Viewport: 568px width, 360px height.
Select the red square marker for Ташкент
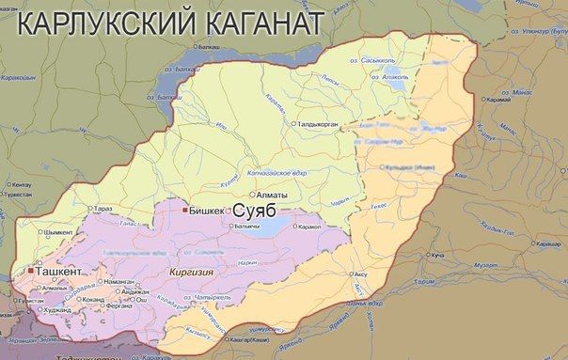pos(31,271)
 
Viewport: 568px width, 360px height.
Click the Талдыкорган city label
pos(325,123)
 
